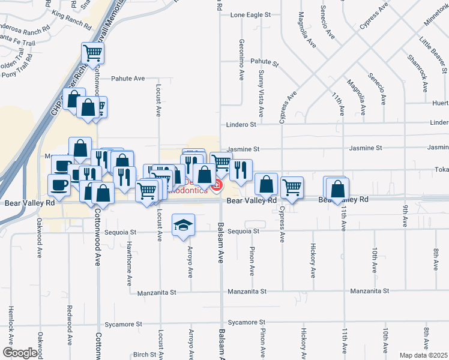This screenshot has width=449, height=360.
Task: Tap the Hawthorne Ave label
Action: coord(129,263)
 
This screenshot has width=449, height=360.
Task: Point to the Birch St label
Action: coord(145,355)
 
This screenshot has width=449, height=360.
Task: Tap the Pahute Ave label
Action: coord(128,79)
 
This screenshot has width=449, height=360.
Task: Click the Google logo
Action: coord(20,353)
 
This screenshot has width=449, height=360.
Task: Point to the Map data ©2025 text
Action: coord(423,355)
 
